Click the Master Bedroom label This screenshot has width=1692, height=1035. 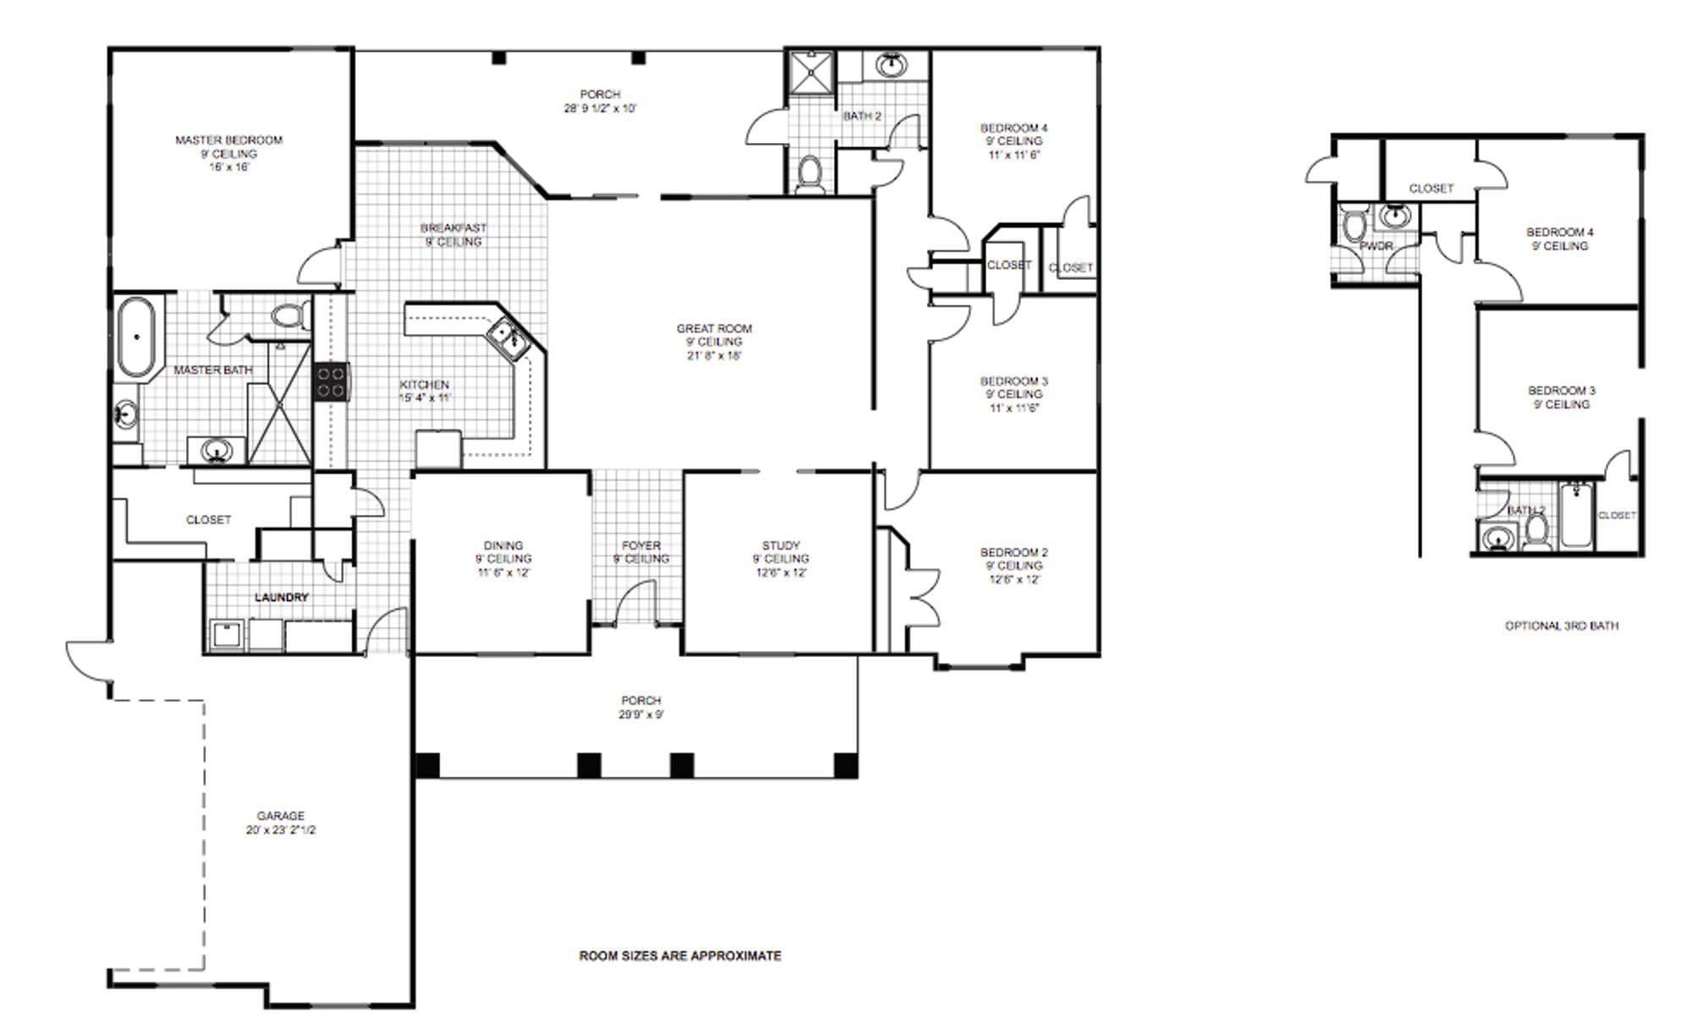228,140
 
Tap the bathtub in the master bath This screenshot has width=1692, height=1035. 136,336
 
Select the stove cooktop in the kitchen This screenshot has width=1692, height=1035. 331,381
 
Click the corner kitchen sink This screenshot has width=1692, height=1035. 507,338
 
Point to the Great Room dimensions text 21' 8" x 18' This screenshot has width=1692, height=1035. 714,356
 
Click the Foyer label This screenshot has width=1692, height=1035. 640,546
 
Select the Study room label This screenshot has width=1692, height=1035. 780,546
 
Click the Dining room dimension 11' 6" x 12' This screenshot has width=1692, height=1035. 503,572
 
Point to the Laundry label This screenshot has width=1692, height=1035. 282,598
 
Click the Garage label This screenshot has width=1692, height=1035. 280,816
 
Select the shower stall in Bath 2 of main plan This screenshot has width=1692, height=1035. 810,73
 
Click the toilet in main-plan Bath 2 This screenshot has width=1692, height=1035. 810,172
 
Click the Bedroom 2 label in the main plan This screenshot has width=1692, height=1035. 1014,553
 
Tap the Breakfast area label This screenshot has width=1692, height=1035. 453,228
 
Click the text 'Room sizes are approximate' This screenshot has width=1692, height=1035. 679,956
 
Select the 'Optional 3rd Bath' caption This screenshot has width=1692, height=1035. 1561,627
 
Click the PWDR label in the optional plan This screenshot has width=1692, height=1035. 1376,246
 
